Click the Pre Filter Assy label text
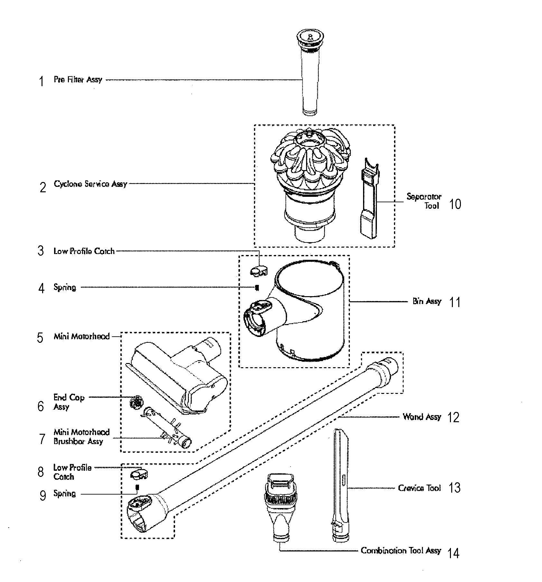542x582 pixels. (x=78, y=80)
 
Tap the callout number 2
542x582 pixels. (x=43, y=187)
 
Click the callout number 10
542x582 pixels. (x=455, y=204)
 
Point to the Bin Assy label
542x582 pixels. (x=427, y=302)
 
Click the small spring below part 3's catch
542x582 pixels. (x=257, y=288)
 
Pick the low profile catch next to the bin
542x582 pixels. (x=259, y=271)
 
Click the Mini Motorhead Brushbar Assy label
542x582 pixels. (x=81, y=437)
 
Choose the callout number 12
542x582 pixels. (x=453, y=417)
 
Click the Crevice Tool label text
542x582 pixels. (x=419, y=488)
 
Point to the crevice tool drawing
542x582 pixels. (x=341, y=486)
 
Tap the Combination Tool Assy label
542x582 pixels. (x=400, y=550)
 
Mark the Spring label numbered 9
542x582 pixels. (x=64, y=494)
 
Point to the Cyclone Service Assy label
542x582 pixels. (x=90, y=184)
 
